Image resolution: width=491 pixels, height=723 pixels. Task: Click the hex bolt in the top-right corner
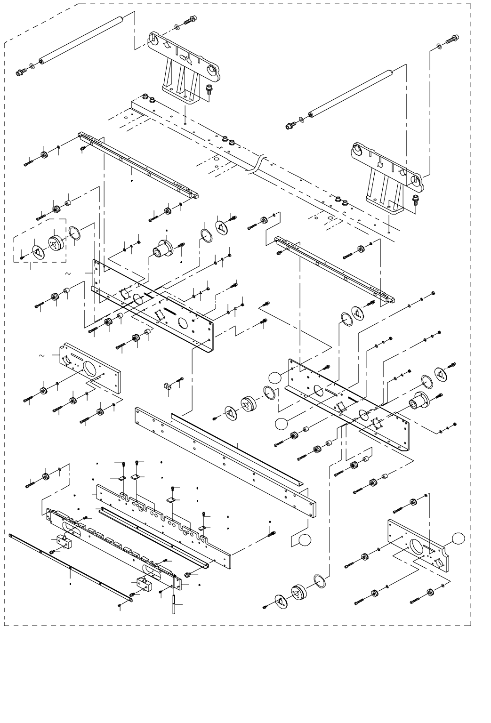click(x=451, y=39)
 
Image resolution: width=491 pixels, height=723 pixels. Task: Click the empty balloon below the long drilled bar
click(x=305, y=540)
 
